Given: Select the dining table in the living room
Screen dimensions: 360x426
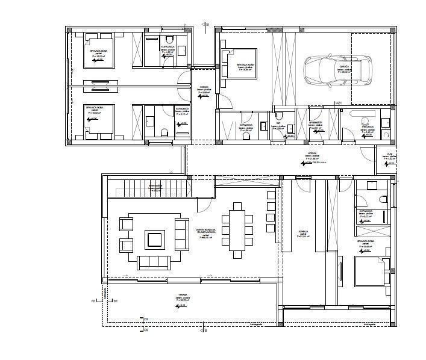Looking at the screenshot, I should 237,229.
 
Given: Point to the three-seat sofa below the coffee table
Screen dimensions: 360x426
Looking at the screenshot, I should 155,262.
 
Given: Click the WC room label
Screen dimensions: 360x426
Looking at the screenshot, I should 279,123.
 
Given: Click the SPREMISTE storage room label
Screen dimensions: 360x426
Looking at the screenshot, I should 315,123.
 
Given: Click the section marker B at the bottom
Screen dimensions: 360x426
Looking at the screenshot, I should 205,330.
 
